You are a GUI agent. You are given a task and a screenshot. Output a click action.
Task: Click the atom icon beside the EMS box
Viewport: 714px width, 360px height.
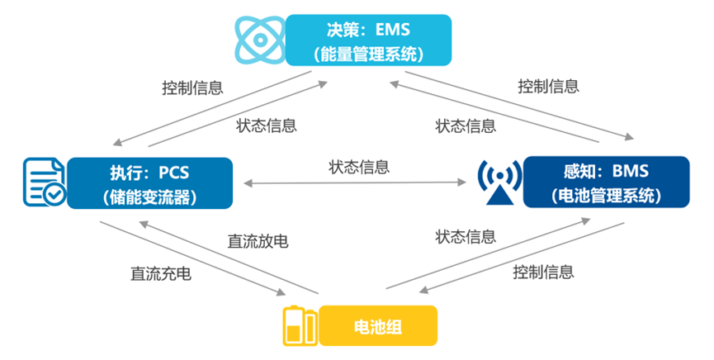(x=258, y=39)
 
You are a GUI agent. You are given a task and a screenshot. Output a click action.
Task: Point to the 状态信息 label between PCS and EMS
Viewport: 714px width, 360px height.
(x=267, y=126)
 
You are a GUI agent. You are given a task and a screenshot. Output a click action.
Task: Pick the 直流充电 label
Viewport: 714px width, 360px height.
(x=160, y=273)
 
